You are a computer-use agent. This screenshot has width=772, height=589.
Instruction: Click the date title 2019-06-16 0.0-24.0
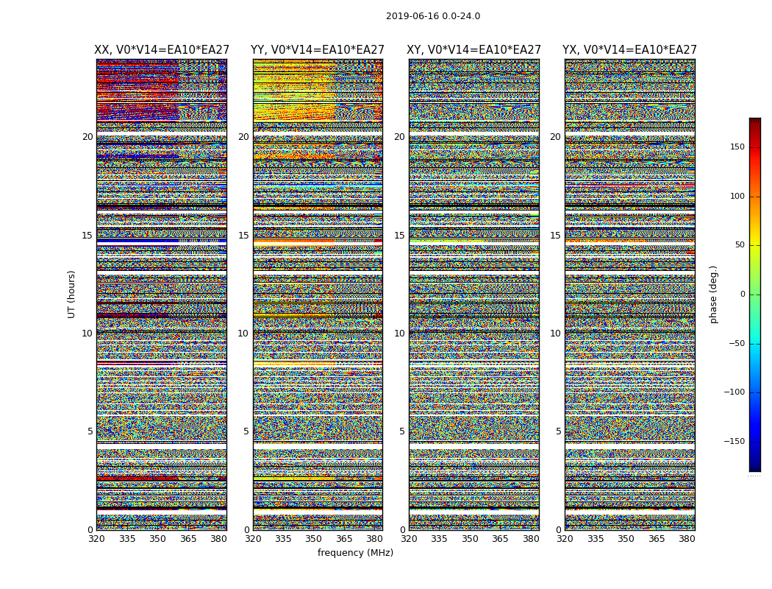pyautogui.click(x=432, y=16)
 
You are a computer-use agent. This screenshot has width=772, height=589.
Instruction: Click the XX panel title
pyautogui.click(x=162, y=50)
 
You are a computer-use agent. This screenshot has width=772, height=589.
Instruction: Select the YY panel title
pyautogui.click(x=318, y=50)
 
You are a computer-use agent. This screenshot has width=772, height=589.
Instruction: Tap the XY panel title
pyautogui.click(x=474, y=50)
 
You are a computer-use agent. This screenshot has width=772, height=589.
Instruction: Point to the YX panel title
pyautogui.click(x=630, y=50)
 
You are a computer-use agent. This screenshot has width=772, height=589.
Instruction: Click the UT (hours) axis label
pyautogui.click(x=72, y=294)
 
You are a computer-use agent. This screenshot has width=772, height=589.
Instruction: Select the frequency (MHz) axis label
pyautogui.click(x=355, y=553)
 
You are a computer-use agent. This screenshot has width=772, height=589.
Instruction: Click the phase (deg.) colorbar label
pyautogui.click(x=713, y=294)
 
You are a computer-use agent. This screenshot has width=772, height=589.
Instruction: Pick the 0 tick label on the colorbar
pyautogui.click(x=743, y=294)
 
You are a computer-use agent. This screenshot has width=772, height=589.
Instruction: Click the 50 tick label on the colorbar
pyautogui.click(x=738, y=245)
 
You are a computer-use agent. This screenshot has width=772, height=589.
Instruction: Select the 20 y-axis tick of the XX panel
pyautogui.click(x=87, y=137)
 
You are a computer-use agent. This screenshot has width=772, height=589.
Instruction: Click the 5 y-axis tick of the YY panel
pyautogui.click(x=246, y=431)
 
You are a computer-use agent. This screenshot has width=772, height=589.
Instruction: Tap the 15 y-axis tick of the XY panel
pyautogui.click(x=399, y=236)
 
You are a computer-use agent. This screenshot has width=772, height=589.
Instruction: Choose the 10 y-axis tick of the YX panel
pyautogui.click(x=555, y=334)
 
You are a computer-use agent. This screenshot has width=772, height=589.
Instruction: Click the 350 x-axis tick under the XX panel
pyautogui.click(x=157, y=539)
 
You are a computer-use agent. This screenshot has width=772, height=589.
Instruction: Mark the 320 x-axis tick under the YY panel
pyautogui.click(x=253, y=539)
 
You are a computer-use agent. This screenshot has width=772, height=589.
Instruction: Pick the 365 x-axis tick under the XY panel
pyautogui.click(x=500, y=539)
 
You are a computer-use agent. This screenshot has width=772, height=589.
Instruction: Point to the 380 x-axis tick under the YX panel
pyautogui.click(x=687, y=539)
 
